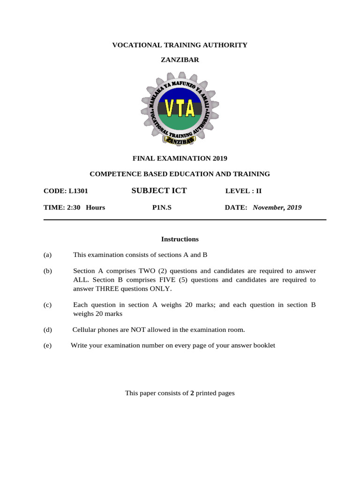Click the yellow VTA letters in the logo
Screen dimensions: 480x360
tap(180, 109)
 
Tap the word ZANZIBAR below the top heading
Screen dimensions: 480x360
tap(180, 60)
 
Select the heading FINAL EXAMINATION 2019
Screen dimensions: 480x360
tap(180, 158)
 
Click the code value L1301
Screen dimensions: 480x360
tap(78, 191)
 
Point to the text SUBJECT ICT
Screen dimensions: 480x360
tap(159, 190)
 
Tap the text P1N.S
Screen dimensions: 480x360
tap(162, 207)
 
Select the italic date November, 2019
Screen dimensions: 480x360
tap(277, 207)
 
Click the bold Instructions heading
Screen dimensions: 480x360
tap(180, 239)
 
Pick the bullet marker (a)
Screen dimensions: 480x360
tap(47, 255)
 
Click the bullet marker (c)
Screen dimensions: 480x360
tap(47, 305)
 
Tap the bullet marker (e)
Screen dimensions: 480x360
tap(47, 345)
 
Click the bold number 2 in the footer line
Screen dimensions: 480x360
tap(192, 393)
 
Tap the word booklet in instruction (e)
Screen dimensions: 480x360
tap(264, 345)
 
